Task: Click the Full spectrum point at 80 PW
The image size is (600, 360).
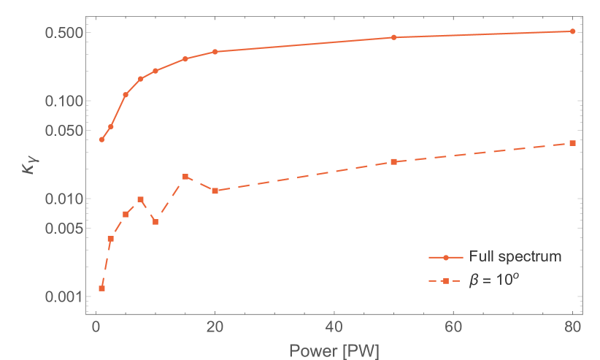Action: tap(572, 31)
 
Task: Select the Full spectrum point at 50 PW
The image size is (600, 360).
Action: tap(393, 37)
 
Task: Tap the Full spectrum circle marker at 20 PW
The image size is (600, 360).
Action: tap(215, 52)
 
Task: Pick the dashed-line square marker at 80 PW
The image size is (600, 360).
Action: tap(572, 143)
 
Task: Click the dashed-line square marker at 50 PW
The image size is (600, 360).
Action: tap(393, 161)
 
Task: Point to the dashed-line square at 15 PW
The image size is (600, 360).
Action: tap(185, 177)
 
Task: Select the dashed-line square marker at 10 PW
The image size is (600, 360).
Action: tap(155, 222)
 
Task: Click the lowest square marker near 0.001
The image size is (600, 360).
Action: tap(102, 288)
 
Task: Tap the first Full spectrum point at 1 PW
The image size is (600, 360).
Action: tap(102, 139)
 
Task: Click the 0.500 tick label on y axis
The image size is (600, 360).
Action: tap(62, 32)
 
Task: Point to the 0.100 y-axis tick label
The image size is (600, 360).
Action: tap(62, 101)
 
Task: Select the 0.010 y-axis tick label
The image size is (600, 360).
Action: tap(62, 199)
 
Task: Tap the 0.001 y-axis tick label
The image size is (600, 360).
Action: tap(62, 296)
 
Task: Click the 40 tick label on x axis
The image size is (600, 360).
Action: tap(334, 326)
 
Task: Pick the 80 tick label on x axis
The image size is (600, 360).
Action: tap(572, 326)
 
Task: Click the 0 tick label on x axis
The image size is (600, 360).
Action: tap(96, 326)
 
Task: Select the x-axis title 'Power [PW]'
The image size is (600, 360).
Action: tap(334, 349)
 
